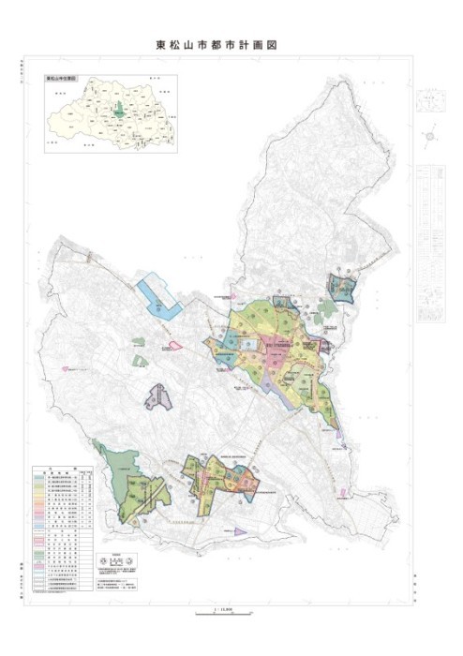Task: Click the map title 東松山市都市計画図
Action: (x=217, y=44)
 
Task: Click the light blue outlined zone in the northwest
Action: (x=157, y=295)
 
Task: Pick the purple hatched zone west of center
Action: (x=159, y=397)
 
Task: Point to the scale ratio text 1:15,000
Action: (x=223, y=607)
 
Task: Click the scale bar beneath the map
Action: (x=223, y=614)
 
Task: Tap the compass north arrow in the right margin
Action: (x=430, y=137)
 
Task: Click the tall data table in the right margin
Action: (x=430, y=244)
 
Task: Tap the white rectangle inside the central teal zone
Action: (x=248, y=344)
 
